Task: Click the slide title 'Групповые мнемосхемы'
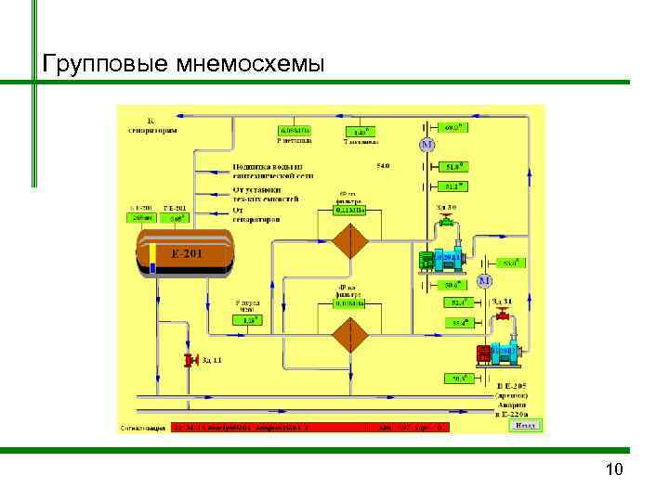pyautogui.click(x=183, y=63)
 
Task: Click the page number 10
pyautogui.click(x=613, y=469)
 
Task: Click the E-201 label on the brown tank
pyautogui.click(x=186, y=252)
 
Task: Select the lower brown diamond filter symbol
pyautogui.click(x=351, y=334)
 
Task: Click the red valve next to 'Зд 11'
pyautogui.click(x=191, y=360)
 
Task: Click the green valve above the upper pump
pyautogui.click(x=447, y=222)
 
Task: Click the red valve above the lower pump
pyautogui.click(x=503, y=316)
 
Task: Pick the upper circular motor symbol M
pyautogui.click(x=426, y=146)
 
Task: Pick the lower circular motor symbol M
pyautogui.click(x=484, y=281)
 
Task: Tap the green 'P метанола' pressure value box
pyautogui.click(x=295, y=131)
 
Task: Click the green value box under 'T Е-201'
pyautogui.click(x=174, y=218)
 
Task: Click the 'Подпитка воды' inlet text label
pyautogui.click(x=272, y=171)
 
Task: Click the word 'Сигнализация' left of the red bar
pyautogui.click(x=143, y=429)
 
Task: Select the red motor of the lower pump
pyautogui.click(x=484, y=353)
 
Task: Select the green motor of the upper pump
pyautogui.click(x=426, y=261)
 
